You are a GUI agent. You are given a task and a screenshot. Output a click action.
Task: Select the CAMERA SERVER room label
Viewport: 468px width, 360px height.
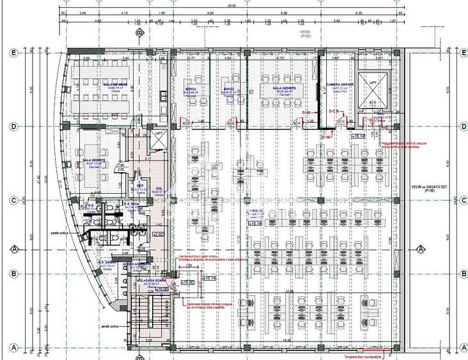pos(341,84)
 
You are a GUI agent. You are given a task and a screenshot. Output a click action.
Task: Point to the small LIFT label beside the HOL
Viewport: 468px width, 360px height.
pos(159,133)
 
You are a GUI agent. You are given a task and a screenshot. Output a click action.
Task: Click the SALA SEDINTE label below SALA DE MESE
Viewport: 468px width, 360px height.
pos(94,152)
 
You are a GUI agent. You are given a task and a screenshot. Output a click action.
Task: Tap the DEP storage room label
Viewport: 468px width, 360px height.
pos(140,186)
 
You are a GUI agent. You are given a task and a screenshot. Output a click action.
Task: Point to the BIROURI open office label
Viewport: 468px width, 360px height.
pos(257,210)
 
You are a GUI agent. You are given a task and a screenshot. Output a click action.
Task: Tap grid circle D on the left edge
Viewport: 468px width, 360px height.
pos(11,126)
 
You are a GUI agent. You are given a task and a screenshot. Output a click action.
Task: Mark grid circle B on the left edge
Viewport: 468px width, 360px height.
pos(11,274)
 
